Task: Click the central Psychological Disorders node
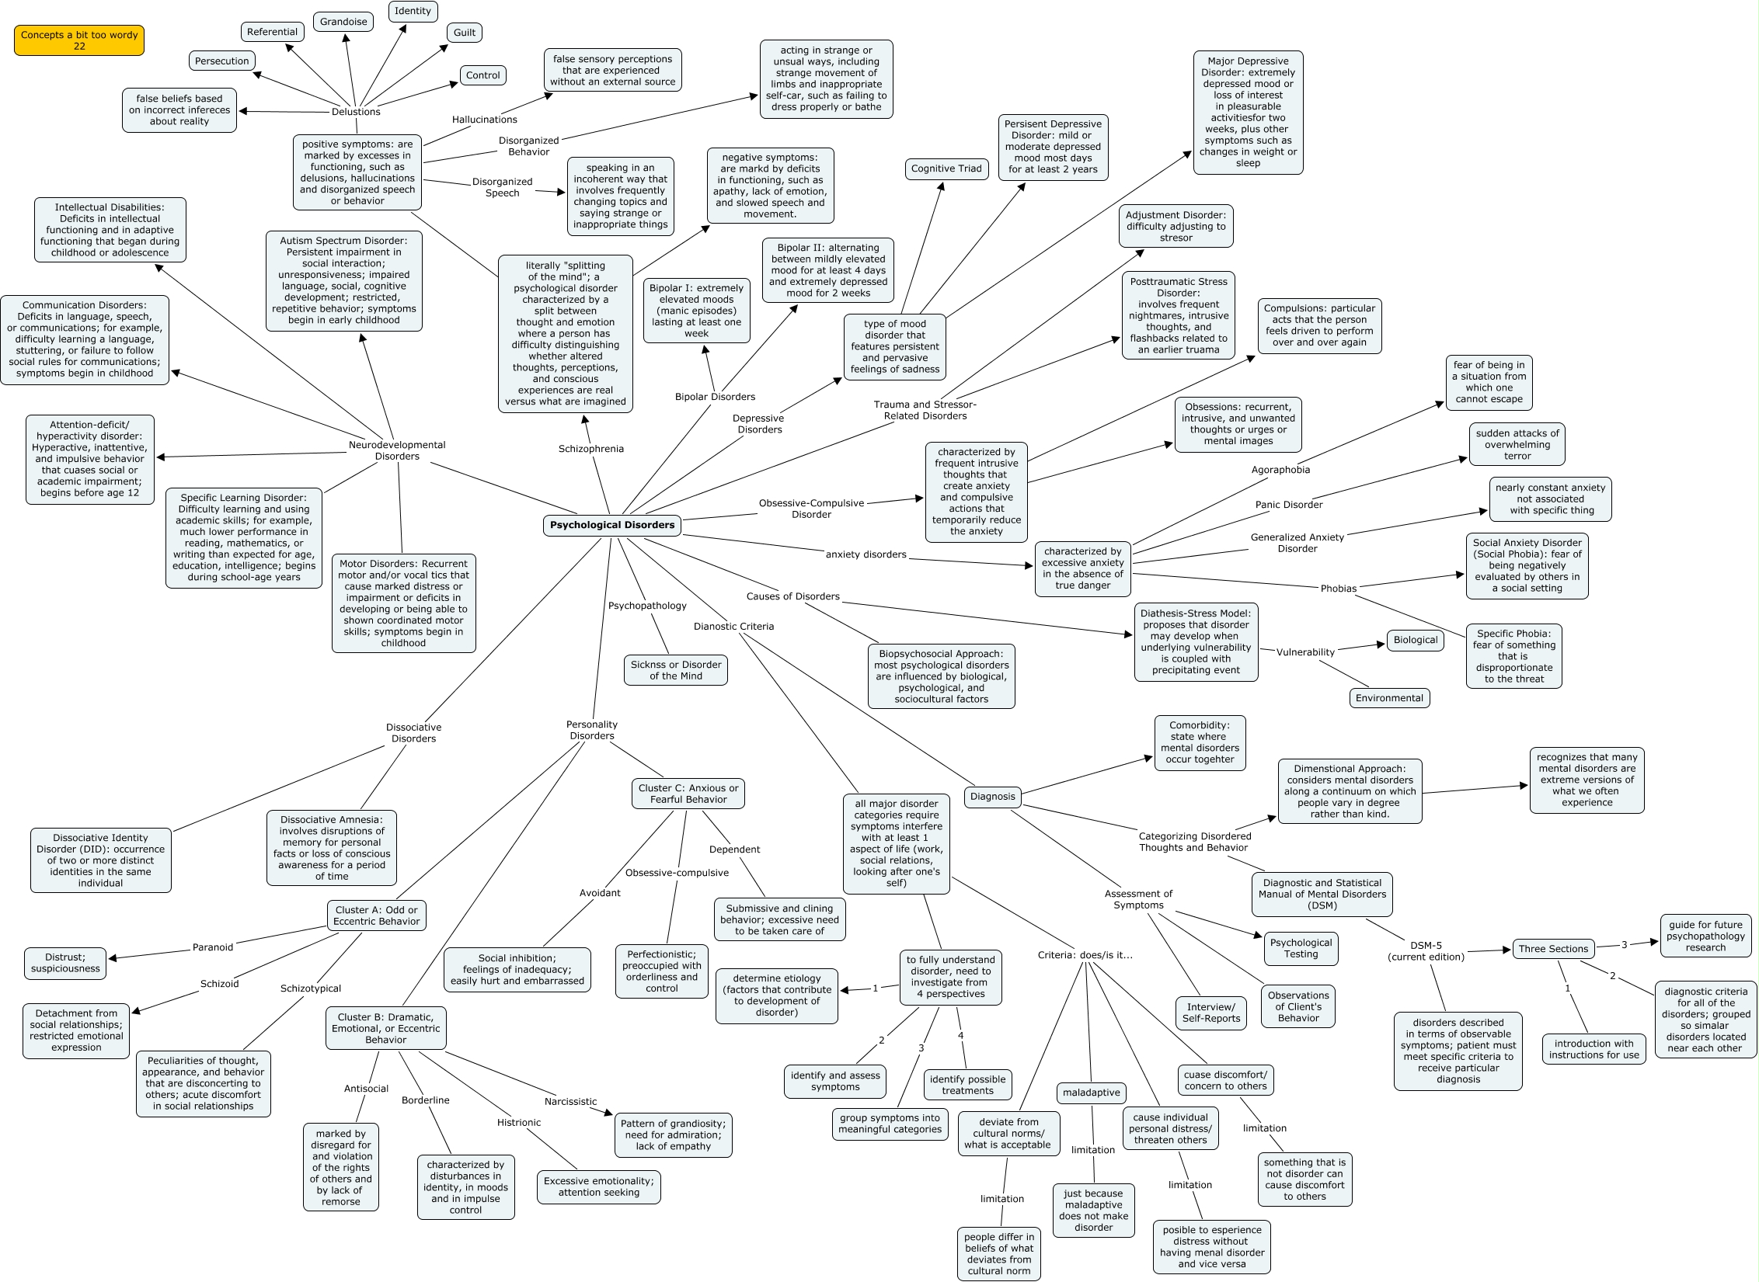[611, 525]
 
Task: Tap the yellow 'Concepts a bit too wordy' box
[79, 40]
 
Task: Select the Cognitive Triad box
[946, 169]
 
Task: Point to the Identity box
[413, 11]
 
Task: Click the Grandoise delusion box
[343, 22]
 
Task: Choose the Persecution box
[222, 61]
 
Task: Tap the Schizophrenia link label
[590, 449]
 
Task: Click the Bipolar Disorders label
[715, 397]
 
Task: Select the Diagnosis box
[992, 796]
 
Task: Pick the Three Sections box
[1553, 949]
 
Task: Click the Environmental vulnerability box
[1389, 698]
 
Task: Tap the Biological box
[1415, 641]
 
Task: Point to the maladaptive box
[1092, 1093]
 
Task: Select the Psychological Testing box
[1301, 948]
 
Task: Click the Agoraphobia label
[1280, 470]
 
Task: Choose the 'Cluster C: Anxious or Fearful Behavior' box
[688, 794]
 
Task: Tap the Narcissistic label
[570, 1102]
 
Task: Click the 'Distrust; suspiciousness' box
[65, 963]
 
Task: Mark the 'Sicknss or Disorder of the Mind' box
[676, 670]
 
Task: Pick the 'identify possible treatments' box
[967, 1085]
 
